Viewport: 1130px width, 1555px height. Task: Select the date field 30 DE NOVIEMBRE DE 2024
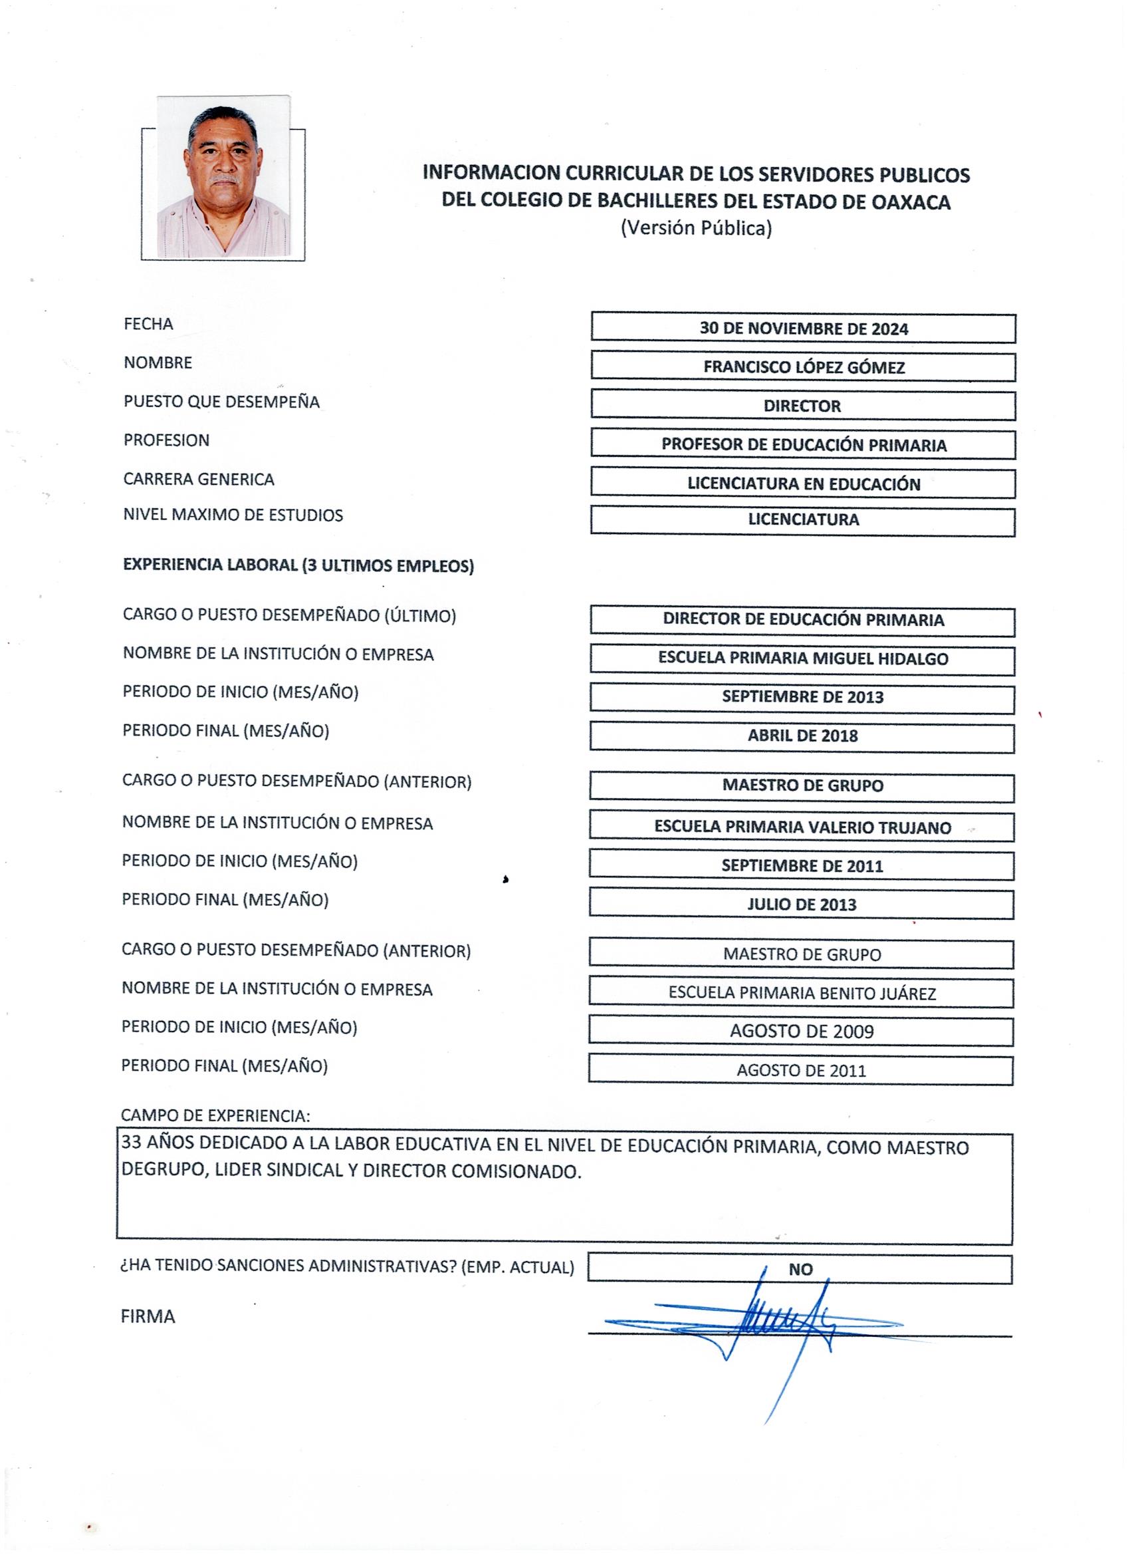(803, 329)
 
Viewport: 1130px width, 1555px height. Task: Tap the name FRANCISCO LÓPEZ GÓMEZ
(803, 367)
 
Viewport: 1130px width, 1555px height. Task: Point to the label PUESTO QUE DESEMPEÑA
(221, 402)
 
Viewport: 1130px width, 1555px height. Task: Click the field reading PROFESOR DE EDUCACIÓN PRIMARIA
(803, 445)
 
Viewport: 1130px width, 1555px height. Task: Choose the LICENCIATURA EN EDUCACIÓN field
(803, 484)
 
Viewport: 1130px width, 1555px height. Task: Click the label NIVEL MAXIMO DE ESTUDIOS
(233, 515)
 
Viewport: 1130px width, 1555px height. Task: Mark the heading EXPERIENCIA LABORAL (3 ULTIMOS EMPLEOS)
(298, 565)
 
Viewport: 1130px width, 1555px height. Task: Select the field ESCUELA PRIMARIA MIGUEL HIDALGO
(803, 659)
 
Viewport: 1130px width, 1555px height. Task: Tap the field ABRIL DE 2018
(802, 736)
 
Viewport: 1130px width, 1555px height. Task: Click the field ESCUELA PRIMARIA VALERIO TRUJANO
(802, 827)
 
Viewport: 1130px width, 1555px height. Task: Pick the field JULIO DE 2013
(802, 905)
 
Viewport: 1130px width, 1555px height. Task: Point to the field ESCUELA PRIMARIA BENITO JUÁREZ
(802, 993)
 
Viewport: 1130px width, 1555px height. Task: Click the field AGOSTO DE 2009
(802, 1031)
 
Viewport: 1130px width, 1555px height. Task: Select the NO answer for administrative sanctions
(800, 1269)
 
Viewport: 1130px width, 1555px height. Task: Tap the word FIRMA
(148, 1316)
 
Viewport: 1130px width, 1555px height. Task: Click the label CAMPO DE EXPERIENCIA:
(215, 1115)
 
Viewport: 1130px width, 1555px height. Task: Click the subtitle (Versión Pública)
(696, 228)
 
